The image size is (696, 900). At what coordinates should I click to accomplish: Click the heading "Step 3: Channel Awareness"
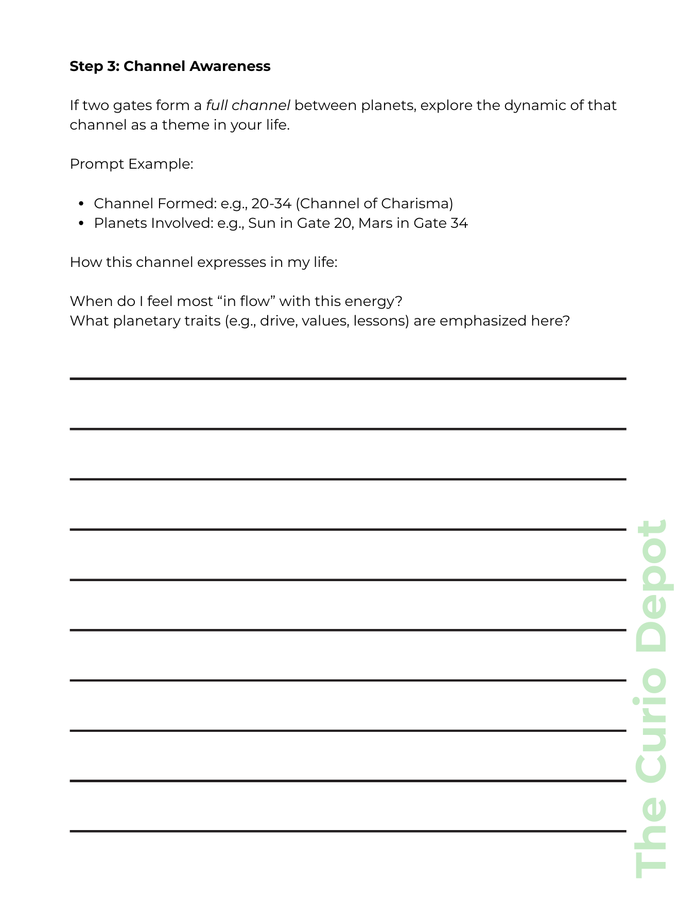pyautogui.click(x=170, y=66)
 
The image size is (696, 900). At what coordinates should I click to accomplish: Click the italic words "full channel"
pyautogui.click(x=248, y=105)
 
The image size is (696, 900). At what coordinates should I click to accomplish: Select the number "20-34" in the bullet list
pyautogui.click(x=271, y=204)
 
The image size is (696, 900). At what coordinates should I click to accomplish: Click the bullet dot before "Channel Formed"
pyautogui.click(x=81, y=204)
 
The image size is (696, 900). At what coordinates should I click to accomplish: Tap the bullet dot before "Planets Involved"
pyautogui.click(x=81, y=224)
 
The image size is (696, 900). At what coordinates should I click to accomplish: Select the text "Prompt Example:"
pyautogui.click(x=131, y=164)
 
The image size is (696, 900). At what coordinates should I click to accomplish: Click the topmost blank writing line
pyautogui.click(x=348, y=379)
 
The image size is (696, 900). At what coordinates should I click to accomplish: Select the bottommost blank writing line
pyautogui.click(x=348, y=831)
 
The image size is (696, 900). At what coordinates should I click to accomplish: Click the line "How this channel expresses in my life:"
pyautogui.click(x=203, y=262)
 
